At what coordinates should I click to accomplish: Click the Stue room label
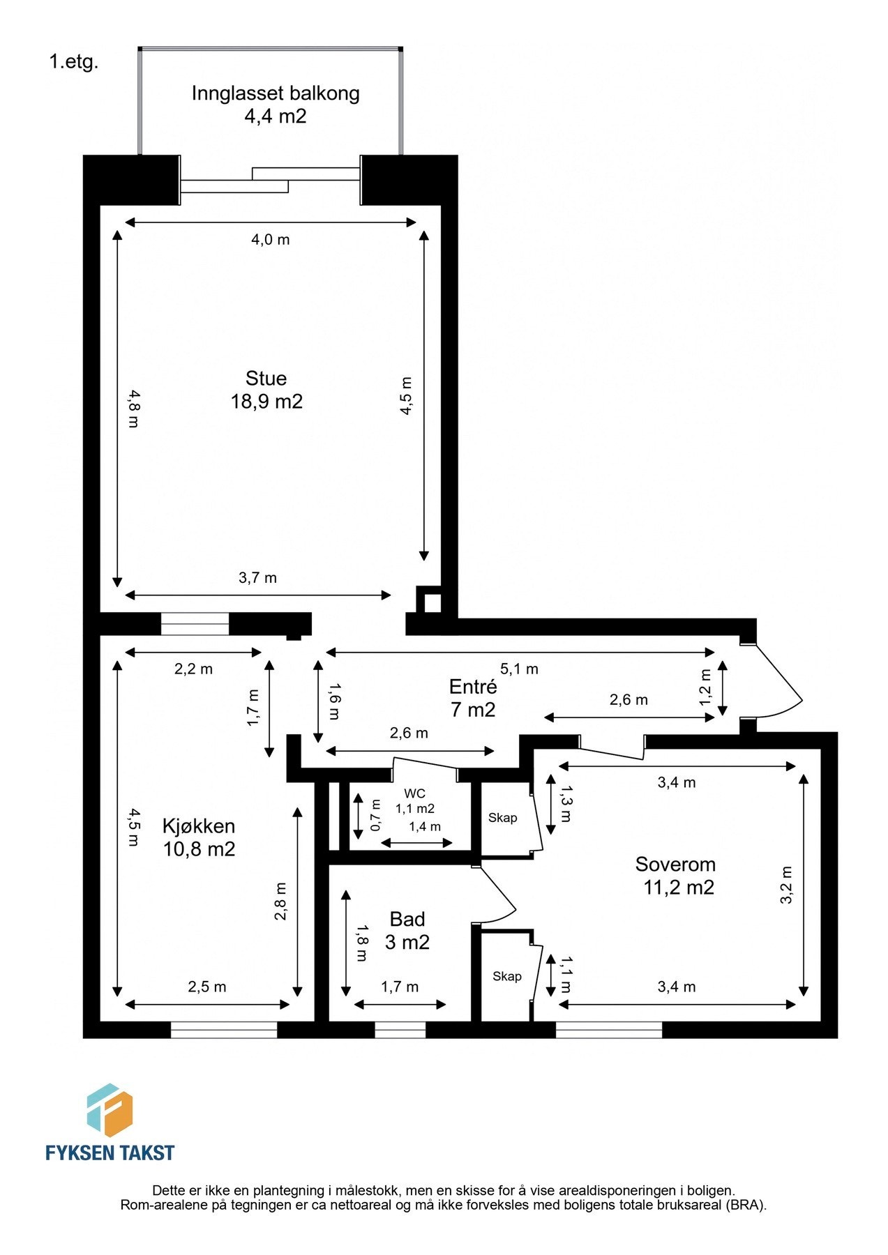click(x=266, y=390)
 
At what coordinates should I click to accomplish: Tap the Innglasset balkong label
click(x=276, y=105)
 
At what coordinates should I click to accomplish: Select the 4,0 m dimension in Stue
click(x=270, y=240)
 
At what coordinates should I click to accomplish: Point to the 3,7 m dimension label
click(x=257, y=578)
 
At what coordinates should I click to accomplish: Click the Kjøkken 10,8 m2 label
click(x=199, y=837)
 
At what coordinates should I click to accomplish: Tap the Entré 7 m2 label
click(x=473, y=698)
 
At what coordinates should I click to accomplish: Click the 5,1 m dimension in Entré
click(x=520, y=669)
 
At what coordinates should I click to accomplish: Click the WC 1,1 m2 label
click(x=415, y=801)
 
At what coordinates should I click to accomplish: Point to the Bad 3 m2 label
click(x=407, y=931)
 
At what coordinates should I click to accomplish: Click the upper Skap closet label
click(x=502, y=818)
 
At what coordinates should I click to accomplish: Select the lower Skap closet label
click(x=506, y=976)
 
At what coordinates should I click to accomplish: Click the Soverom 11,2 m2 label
click(x=676, y=876)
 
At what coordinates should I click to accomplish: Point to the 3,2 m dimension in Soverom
click(x=786, y=885)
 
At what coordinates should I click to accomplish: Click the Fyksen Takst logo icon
click(x=110, y=1110)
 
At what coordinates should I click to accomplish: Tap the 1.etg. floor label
click(x=73, y=62)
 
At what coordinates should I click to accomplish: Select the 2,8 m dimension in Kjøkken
click(x=280, y=902)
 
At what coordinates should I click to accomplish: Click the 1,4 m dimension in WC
click(x=425, y=827)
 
